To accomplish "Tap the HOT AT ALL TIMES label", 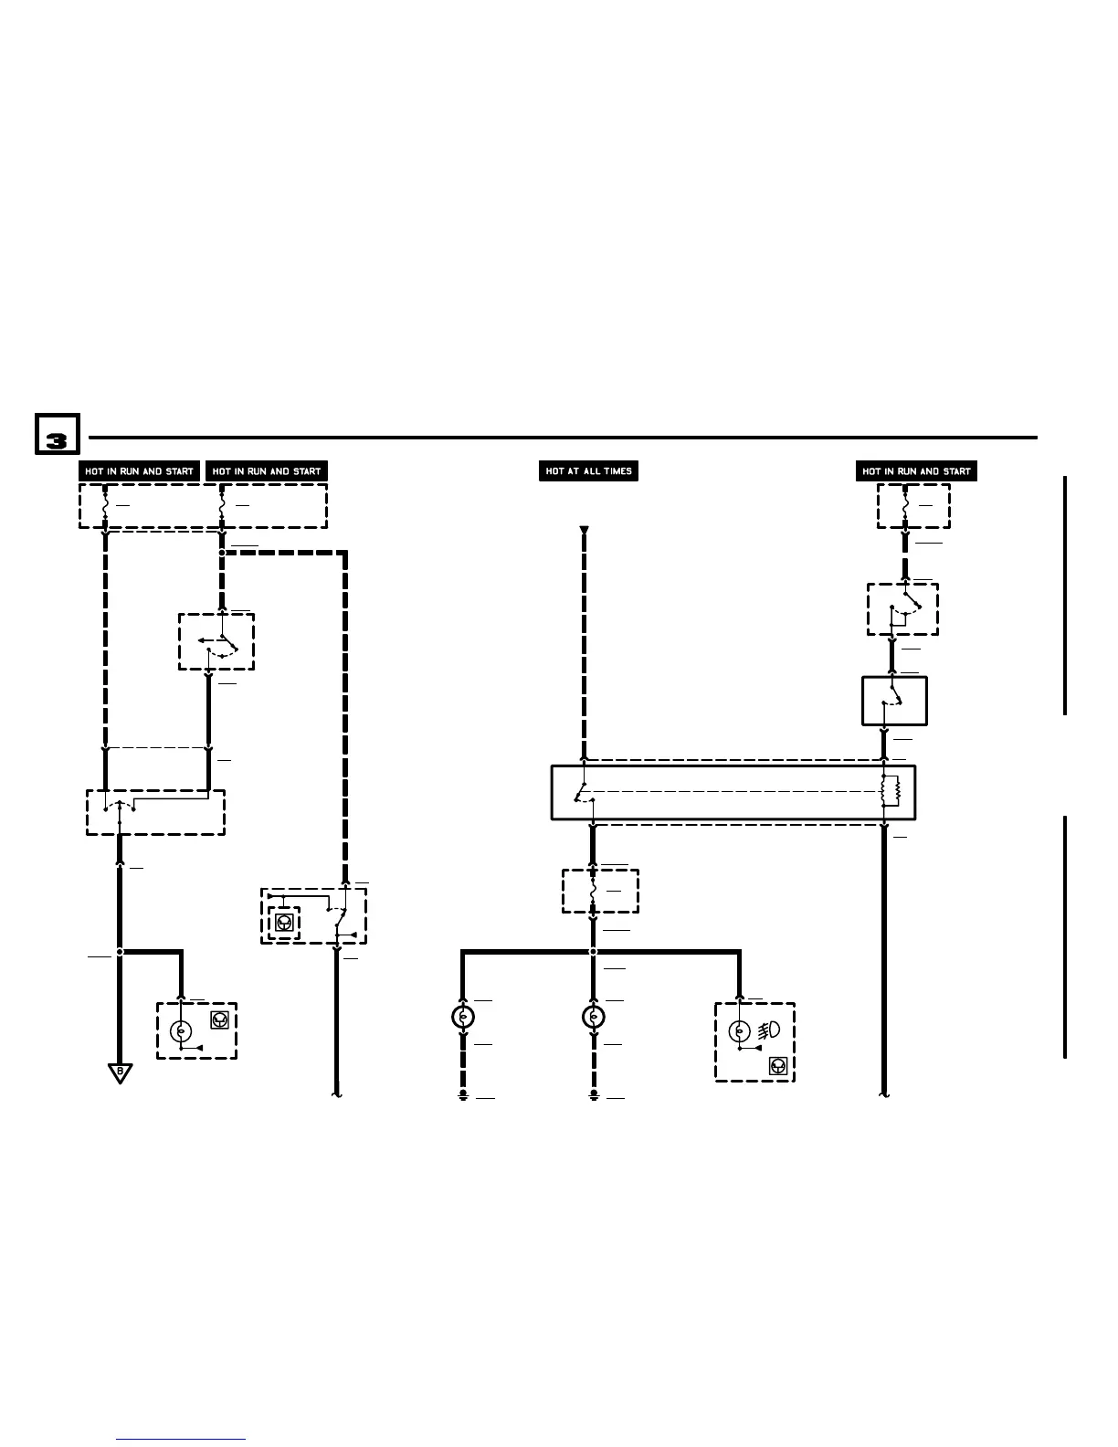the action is pyautogui.click(x=588, y=471).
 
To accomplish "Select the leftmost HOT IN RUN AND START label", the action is pyautogui.click(x=139, y=471).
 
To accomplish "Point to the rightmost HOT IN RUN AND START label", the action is pyautogui.click(x=916, y=471).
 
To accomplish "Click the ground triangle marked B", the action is pyautogui.click(x=120, y=1072).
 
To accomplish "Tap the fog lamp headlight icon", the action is pyautogui.click(x=769, y=1030).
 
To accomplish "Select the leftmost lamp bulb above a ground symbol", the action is pyautogui.click(x=463, y=1017).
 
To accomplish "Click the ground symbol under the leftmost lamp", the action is pyautogui.click(x=463, y=1094).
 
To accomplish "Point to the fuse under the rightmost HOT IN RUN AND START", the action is pyautogui.click(x=904, y=505).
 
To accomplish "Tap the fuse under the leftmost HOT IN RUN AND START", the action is pyautogui.click(x=106, y=505).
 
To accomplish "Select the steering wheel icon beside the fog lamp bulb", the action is pyautogui.click(x=779, y=1065).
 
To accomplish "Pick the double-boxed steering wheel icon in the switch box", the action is pyautogui.click(x=285, y=923).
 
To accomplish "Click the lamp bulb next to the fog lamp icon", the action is pyautogui.click(x=738, y=1031).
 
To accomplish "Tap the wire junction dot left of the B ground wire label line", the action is pyautogui.click(x=120, y=952).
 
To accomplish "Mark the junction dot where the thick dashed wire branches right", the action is pyautogui.click(x=222, y=552).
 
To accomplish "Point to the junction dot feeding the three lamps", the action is pyautogui.click(x=594, y=952).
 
